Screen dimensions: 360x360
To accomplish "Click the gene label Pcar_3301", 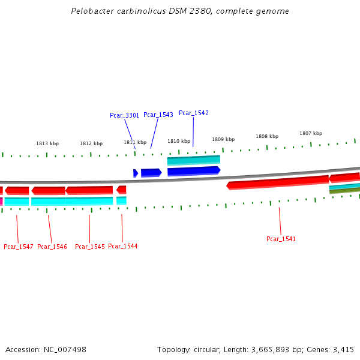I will pos(124,115).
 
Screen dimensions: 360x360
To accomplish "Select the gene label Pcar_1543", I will pos(158,115).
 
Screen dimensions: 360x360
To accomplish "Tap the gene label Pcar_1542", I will pos(194,113).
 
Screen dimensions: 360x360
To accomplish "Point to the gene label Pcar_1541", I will pos(281,239).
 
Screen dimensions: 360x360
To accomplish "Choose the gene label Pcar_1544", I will pos(122,246).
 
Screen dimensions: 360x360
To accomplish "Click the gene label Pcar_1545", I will pos(89,247).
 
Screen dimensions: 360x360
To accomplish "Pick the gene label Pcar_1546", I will pos(52,247).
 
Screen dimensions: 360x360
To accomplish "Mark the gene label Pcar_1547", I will pos(19,247).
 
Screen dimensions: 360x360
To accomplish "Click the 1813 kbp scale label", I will pos(47,143).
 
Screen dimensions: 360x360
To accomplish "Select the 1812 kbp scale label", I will pos(91,143).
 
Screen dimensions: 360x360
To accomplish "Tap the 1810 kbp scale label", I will pos(179,141).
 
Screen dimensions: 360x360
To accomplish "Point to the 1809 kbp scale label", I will pos(223,139).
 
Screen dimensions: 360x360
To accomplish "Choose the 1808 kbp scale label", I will pos(267,136).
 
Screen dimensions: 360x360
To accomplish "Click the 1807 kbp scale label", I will pos(311,133).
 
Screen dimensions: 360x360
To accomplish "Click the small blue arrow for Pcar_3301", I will pos(136,173).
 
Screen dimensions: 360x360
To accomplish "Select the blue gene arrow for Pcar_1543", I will pos(151,173).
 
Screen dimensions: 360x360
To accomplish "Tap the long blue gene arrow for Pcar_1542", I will pos(194,171).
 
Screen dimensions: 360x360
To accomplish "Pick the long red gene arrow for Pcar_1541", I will pos(278,182).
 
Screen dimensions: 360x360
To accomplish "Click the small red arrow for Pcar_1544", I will pos(121,190).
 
